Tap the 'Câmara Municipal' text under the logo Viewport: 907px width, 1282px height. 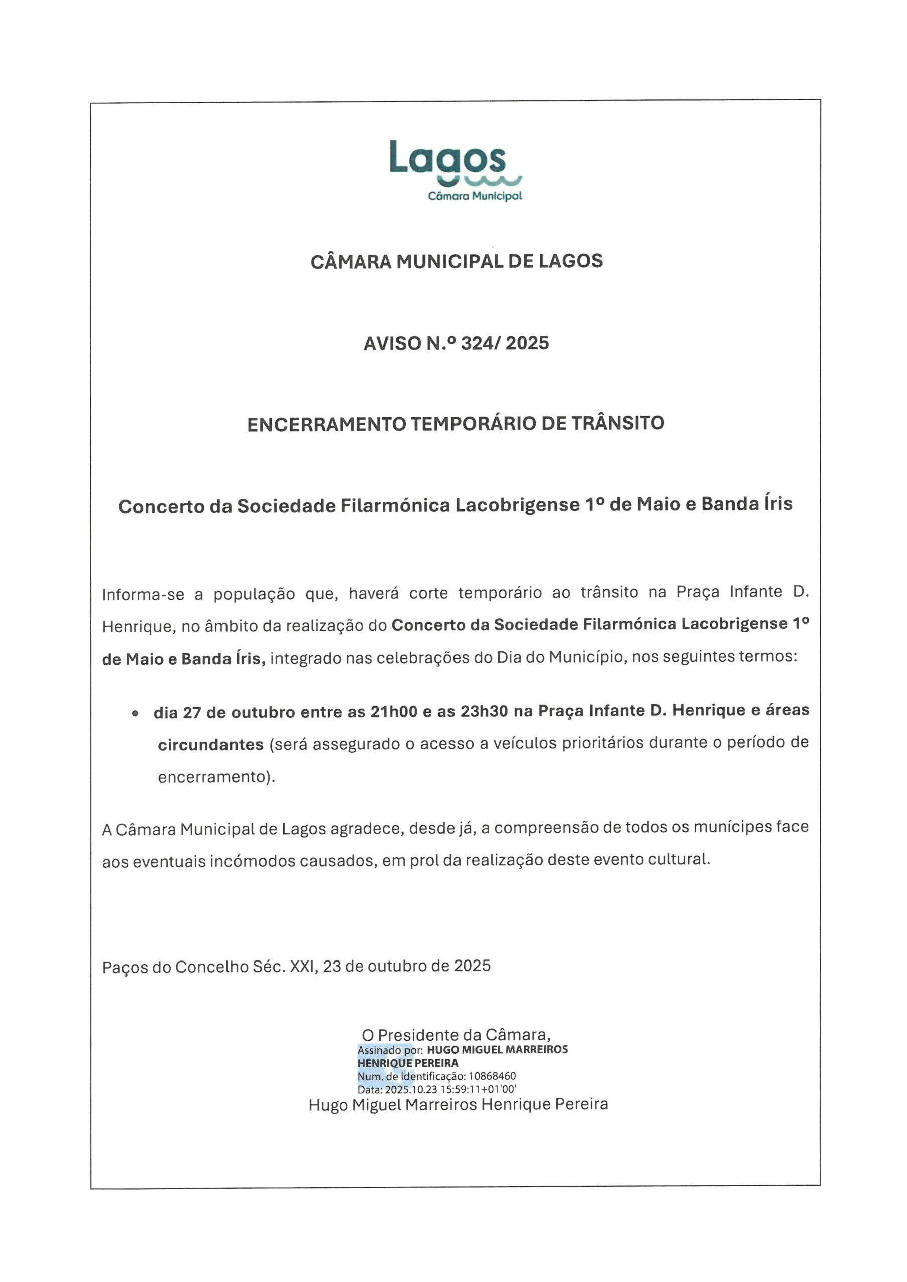(x=475, y=196)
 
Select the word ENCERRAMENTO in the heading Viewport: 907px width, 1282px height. (x=326, y=424)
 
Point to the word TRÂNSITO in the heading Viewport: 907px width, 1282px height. (x=617, y=423)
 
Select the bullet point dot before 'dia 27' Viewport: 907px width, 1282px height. (x=135, y=713)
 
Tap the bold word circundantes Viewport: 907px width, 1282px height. (x=210, y=745)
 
